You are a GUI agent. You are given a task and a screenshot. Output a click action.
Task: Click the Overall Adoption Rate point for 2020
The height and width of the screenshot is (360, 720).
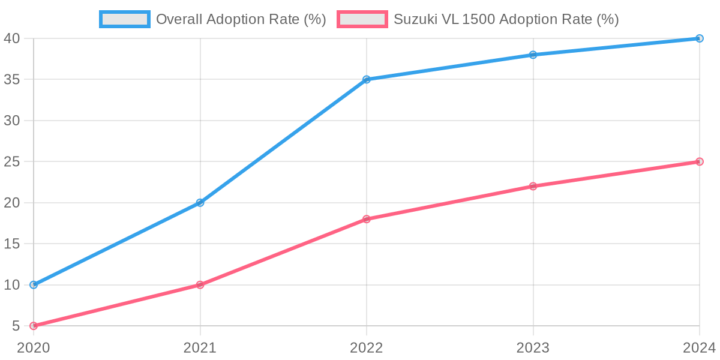point(34,285)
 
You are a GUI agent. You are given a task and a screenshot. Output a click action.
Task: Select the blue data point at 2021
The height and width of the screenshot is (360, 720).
point(200,203)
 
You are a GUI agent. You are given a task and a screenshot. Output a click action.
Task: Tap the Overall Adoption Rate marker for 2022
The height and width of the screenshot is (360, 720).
point(367,79)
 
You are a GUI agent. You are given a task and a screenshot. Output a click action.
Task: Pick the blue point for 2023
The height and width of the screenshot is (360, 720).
point(533,55)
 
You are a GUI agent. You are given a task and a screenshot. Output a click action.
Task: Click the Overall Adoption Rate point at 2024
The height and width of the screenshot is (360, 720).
point(699,38)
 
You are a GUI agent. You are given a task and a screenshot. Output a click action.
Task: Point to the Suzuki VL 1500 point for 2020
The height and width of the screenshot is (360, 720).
point(34,326)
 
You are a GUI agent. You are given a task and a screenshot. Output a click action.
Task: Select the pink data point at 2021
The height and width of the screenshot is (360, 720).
point(200,285)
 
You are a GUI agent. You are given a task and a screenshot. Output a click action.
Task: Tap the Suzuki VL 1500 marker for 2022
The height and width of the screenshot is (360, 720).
point(367,219)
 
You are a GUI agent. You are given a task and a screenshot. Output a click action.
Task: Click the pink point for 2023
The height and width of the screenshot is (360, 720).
point(533,186)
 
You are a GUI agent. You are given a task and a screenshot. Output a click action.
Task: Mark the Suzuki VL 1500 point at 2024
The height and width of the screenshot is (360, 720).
point(699,161)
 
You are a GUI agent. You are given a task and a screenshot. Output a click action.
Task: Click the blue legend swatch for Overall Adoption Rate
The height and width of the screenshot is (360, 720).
point(125,19)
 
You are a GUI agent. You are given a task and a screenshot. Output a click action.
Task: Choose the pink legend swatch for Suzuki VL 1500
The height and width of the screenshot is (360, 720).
point(362,19)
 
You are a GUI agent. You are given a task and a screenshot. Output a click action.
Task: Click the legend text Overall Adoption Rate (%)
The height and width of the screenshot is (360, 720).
point(241,19)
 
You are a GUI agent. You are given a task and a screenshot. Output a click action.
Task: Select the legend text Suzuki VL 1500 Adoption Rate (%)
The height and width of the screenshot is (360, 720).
point(506,19)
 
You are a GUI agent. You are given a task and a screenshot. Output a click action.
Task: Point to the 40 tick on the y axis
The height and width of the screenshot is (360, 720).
point(12,38)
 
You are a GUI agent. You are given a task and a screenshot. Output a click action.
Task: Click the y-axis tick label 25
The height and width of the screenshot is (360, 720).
point(12,161)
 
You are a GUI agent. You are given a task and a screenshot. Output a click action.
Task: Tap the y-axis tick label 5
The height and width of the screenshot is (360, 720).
point(16,326)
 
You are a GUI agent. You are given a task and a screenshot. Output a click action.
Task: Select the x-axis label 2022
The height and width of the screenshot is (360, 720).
point(367,348)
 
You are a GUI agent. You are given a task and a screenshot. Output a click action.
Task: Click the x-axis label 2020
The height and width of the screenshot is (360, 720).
point(34,348)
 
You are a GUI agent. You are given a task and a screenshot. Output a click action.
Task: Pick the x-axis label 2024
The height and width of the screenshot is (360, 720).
point(699,348)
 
